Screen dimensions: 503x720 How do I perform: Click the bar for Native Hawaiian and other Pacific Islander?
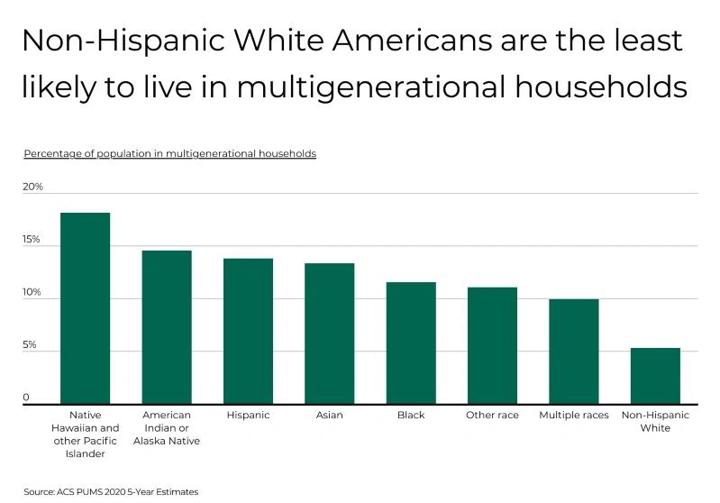85,308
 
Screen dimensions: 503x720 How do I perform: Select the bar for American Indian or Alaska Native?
167,327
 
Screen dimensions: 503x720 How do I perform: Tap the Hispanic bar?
248,331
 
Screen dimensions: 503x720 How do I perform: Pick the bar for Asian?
329,334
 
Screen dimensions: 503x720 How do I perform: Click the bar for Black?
411,343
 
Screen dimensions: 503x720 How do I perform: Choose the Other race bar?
492,345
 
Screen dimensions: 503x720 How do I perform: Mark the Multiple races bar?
574,352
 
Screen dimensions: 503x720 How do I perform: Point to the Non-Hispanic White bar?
655,376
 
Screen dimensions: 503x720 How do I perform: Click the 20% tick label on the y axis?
33,187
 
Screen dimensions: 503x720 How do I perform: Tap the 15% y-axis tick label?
32,240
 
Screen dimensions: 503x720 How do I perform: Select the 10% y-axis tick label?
33,293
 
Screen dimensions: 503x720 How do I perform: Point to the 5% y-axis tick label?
31,345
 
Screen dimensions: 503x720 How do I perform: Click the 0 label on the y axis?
26,398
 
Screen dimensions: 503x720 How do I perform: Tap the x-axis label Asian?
329,416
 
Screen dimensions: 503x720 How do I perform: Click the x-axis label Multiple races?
574,416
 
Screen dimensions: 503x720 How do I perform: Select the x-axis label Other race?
492,416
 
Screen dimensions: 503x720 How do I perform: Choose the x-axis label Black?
411,416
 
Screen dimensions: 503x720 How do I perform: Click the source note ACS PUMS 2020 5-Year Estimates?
111,492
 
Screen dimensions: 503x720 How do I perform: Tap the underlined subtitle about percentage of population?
170,154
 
